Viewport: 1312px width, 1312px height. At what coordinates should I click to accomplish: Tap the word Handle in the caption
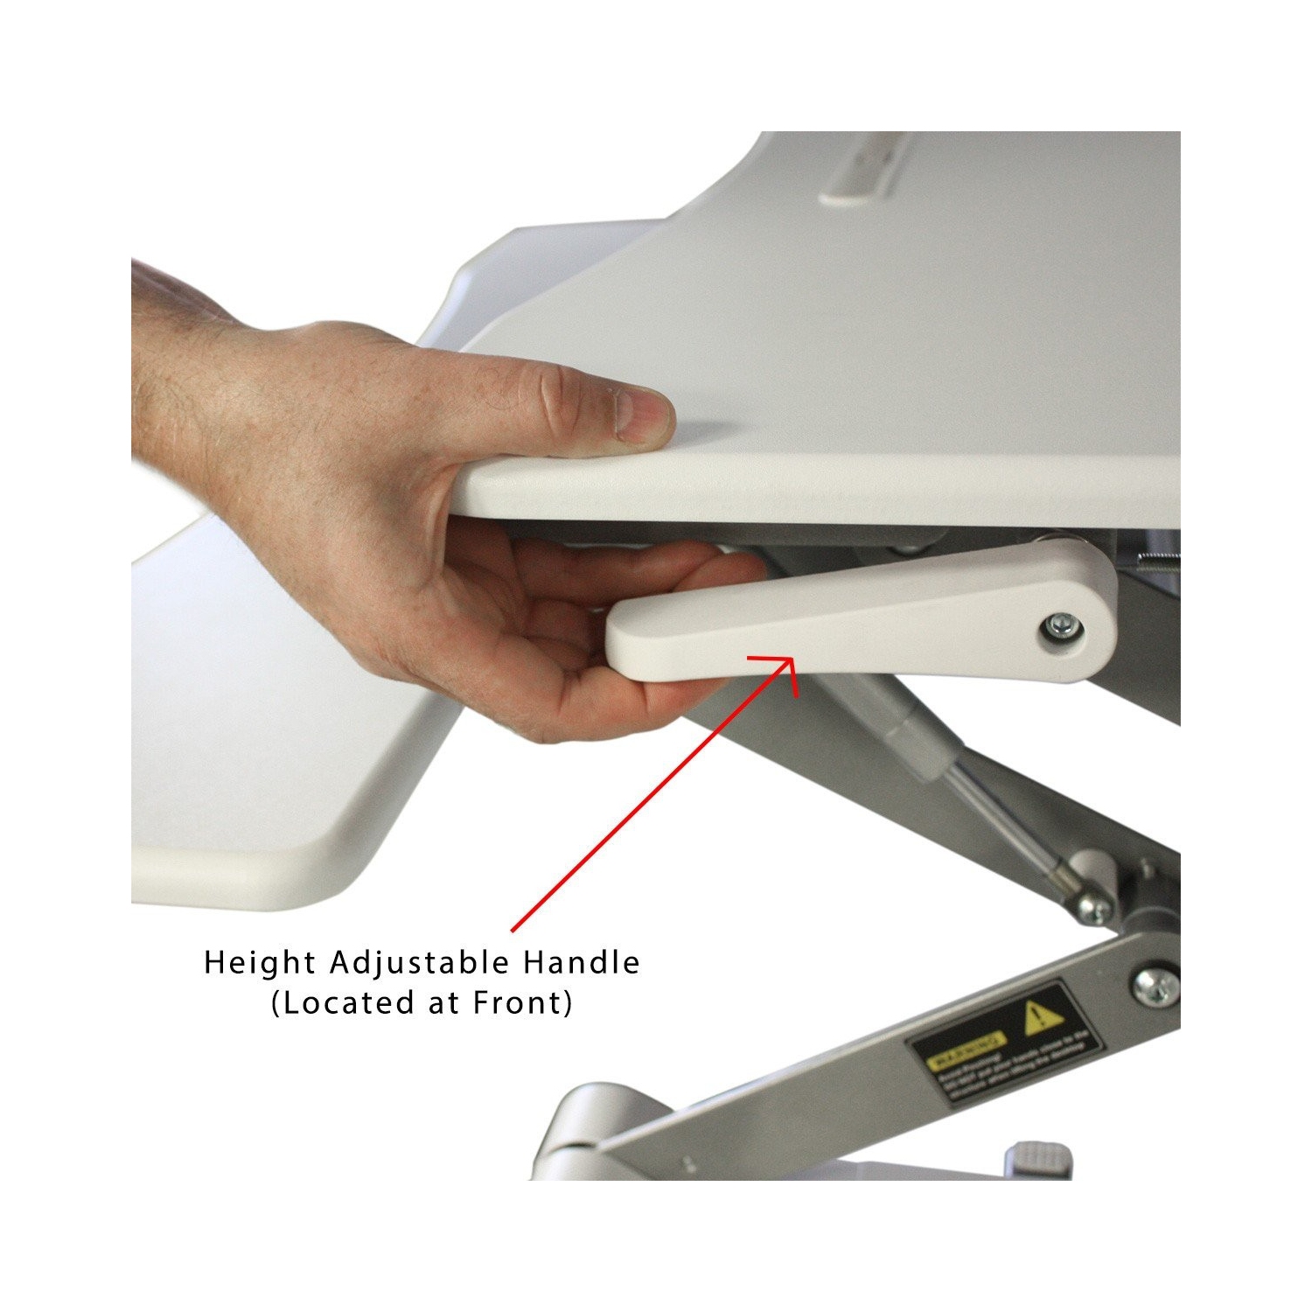point(581,963)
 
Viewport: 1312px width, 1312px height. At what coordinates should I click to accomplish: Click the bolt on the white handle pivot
point(1062,625)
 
